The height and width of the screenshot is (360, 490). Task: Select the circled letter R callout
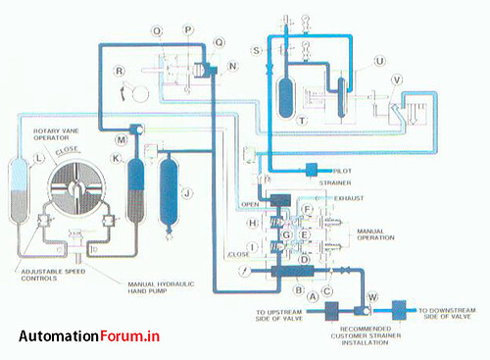click(119, 71)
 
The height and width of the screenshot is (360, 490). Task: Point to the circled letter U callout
click(379, 61)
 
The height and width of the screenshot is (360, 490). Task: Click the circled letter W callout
click(371, 296)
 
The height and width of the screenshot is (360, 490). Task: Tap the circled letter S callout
click(257, 49)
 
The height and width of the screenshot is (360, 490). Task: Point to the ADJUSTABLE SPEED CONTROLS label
click(49, 274)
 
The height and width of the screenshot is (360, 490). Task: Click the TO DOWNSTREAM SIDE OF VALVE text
click(449, 314)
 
